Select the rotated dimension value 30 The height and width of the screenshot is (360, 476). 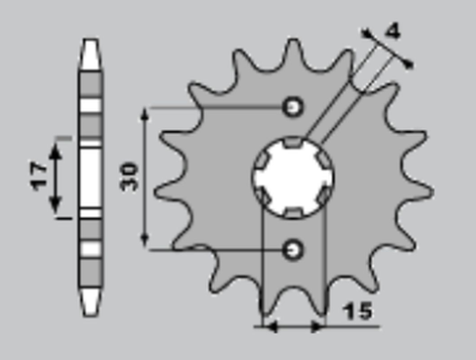pyautogui.click(x=129, y=177)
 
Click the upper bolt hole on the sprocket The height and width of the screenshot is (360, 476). pyautogui.click(x=293, y=106)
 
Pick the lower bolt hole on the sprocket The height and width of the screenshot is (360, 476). pyautogui.click(x=293, y=249)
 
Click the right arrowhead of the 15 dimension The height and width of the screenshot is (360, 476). pyautogui.click(x=321, y=324)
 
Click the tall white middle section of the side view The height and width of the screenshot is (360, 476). pyautogui.click(x=90, y=177)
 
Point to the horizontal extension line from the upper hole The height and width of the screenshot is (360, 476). pyautogui.click(x=218, y=106)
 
